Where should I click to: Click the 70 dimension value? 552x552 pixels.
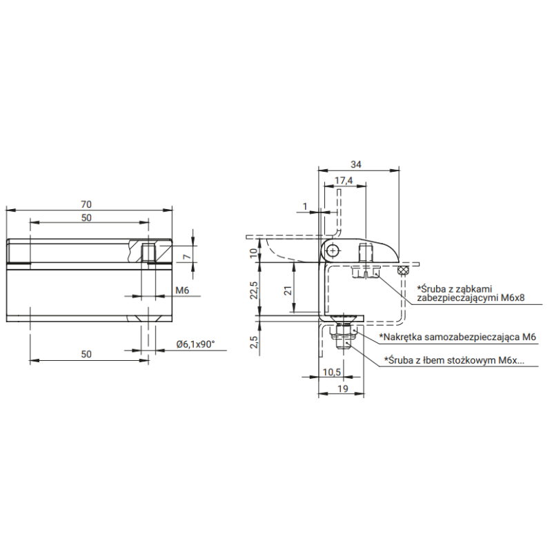[86, 204]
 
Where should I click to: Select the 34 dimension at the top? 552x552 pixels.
[356, 164]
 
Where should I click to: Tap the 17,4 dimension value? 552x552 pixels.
[344, 181]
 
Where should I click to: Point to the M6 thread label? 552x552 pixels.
[182, 290]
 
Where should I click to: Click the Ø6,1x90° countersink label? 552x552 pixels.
[196, 344]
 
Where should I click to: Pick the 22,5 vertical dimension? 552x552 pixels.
[254, 290]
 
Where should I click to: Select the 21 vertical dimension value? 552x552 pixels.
[288, 290]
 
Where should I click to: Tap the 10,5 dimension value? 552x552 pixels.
[332, 372]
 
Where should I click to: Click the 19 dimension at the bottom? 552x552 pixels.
[343, 388]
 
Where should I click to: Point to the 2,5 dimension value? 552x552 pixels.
[254, 342]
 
